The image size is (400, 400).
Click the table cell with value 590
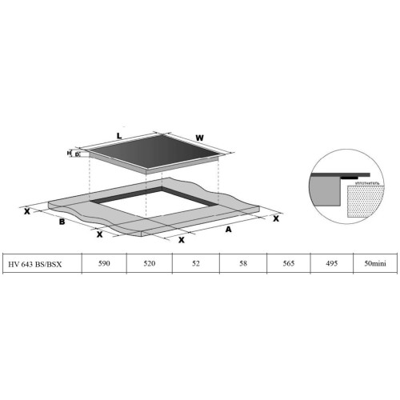click(x=104, y=263)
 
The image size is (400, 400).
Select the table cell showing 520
click(x=150, y=263)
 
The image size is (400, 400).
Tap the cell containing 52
click(x=196, y=263)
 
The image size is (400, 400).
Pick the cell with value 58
click(x=243, y=263)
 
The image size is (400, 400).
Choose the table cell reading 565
click(x=289, y=263)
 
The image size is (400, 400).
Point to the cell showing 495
click(x=332, y=263)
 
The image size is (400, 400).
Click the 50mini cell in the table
click(x=375, y=263)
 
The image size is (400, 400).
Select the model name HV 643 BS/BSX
click(x=35, y=264)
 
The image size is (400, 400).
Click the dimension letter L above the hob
click(x=119, y=136)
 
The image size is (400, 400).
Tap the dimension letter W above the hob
click(x=199, y=138)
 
